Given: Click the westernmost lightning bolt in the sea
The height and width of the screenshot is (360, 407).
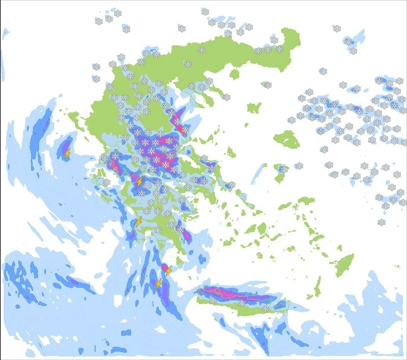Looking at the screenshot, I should pyautogui.click(x=67, y=152).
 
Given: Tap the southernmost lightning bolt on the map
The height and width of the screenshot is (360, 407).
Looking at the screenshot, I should pyautogui.click(x=159, y=283).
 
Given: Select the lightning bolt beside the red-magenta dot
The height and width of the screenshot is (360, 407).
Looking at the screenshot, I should pyautogui.click(x=168, y=271).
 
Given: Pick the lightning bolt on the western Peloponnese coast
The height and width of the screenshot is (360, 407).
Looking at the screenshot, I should pyautogui.click(x=138, y=222).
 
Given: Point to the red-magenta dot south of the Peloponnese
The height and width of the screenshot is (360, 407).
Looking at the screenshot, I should pyautogui.click(x=164, y=266).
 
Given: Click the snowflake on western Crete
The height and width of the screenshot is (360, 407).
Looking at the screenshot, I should pyautogui.click(x=212, y=301).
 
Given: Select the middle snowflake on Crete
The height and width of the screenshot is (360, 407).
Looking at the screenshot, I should pyautogui.click(x=241, y=303).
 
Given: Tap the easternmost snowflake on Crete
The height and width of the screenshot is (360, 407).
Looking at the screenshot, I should pyautogui.click(x=265, y=308).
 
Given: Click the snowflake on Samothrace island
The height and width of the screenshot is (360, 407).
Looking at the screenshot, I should pyautogui.click(x=268, y=85).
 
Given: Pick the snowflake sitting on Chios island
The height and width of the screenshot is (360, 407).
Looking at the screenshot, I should pyautogui.click(x=299, y=166).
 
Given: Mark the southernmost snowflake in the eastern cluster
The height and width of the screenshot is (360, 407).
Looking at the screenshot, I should pyautogui.click(x=382, y=222).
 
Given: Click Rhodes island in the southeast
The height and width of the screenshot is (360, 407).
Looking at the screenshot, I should pyautogui.click(x=344, y=264).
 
